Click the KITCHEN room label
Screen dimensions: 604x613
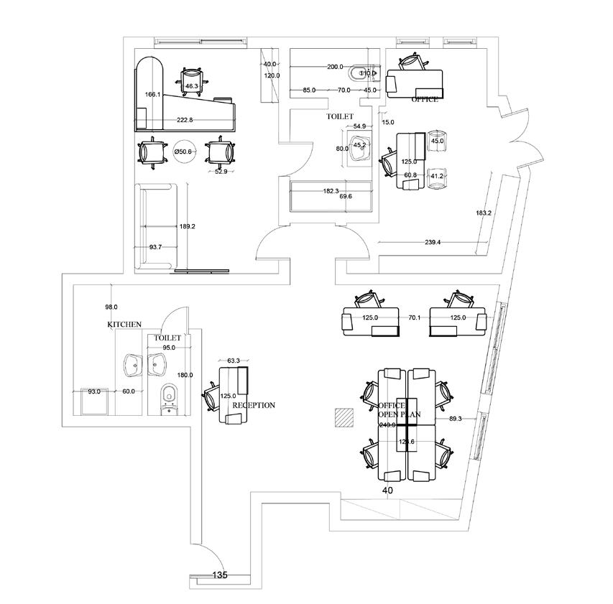click(x=124, y=325)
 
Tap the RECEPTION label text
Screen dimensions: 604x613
click(x=253, y=405)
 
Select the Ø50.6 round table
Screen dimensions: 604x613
click(x=183, y=152)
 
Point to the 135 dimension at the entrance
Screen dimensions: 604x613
click(x=221, y=575)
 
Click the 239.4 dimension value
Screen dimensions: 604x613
click(x=433, y=243)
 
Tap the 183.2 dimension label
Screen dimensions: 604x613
click(x=484, y=213)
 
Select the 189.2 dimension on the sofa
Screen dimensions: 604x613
click(x=188, y=226)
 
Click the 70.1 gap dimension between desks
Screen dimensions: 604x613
click(x=414, y=317)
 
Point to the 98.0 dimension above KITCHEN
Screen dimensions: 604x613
click(x=111, y=307)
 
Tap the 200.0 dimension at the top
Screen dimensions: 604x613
click(x=335, y=67)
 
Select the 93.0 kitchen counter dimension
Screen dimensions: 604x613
click(x=93, y=391)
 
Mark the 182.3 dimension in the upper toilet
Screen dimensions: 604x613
click(x=330, y=191)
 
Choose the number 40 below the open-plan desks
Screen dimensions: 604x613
click(x=388, y=491)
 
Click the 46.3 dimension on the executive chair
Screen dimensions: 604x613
click(x=191, y=86)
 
